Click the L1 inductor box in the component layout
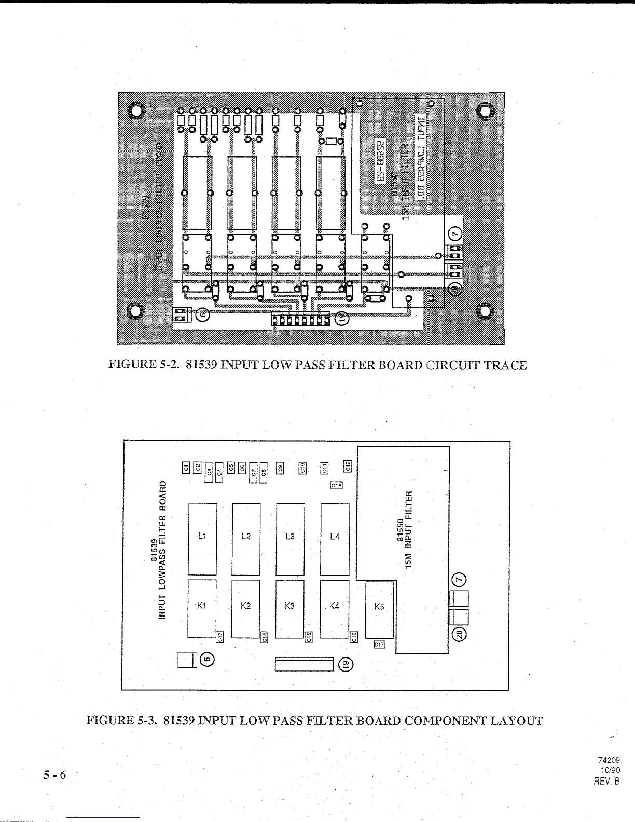202,539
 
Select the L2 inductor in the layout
246,539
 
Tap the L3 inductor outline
290,539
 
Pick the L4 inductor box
335,539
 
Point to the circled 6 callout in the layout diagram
206,660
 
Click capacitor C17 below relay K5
380,645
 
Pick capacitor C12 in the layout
348,465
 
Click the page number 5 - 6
56,775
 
